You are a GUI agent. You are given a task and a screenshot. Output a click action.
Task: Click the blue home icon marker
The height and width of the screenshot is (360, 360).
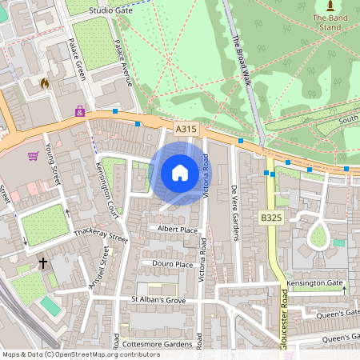[180, 173]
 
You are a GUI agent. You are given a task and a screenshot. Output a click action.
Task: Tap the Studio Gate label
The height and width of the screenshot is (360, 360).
[111, 10]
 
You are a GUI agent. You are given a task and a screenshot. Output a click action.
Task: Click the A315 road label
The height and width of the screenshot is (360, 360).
[186, 128]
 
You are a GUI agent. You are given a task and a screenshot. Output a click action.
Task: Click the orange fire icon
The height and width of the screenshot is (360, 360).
[45, 82]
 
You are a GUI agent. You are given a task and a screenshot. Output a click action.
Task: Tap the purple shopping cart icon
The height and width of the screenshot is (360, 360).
[34, 157]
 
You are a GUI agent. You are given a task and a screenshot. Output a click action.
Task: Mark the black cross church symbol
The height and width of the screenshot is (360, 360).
[42, 262]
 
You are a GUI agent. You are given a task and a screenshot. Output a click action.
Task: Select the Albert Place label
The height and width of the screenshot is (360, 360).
[178, 230]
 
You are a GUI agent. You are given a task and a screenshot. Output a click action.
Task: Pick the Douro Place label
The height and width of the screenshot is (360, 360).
[167, 264]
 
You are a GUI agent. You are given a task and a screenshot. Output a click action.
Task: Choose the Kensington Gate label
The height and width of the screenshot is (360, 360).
[317, 284]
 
